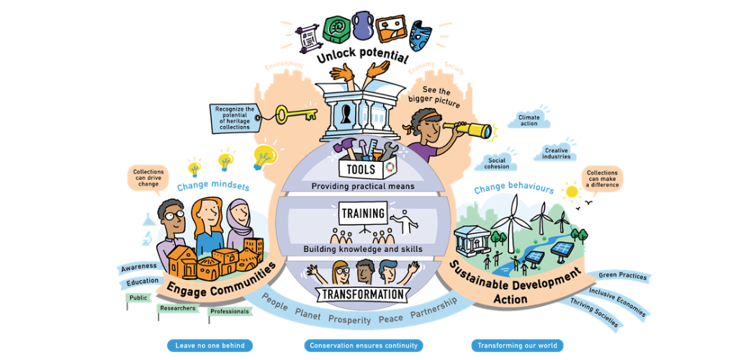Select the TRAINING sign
363,214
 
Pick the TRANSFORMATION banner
362,294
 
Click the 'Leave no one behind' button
210,346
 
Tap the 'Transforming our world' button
517,346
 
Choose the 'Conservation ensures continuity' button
364,346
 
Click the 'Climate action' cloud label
528,120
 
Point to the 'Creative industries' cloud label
557,153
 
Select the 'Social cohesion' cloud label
498,163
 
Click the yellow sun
572,192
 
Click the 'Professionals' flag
230,312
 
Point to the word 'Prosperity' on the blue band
349,319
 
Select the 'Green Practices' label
623,276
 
